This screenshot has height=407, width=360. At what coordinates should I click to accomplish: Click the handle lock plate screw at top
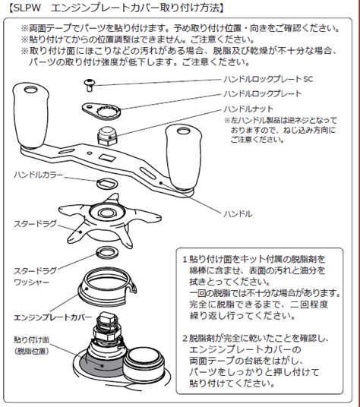coord(90,85)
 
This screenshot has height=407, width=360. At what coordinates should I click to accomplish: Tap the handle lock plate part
coord(102,111)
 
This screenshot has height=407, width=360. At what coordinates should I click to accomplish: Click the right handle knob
coord(184,158)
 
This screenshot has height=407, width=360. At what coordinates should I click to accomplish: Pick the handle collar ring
coord(107,184)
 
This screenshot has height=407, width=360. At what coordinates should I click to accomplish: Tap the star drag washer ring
coord(107,252)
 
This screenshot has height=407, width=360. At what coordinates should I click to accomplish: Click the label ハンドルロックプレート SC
coord(268,79)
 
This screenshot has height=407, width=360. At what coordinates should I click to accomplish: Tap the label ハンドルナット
coord(248,109)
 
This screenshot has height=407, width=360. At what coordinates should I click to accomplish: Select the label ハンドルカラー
coord(38,175)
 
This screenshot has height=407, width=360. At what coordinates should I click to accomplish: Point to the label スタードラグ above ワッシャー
coord(35,271)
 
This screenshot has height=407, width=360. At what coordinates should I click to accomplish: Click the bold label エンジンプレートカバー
coord(52,317)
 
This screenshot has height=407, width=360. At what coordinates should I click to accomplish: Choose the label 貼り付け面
coord(31,339)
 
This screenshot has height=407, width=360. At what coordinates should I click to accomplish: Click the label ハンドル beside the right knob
coord(238,214)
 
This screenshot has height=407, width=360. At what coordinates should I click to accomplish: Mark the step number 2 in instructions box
coord(185,339)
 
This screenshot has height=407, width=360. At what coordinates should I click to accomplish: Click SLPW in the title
coord(27,8)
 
